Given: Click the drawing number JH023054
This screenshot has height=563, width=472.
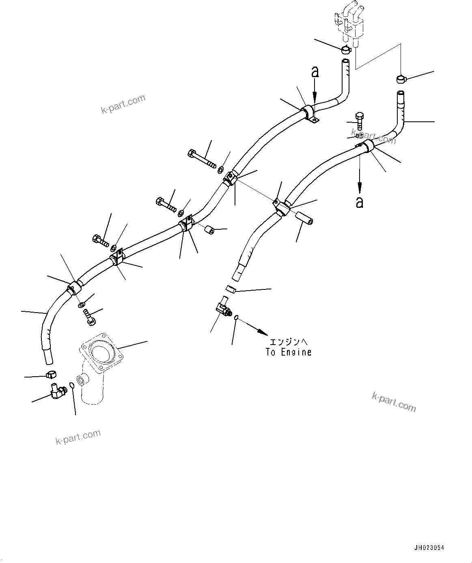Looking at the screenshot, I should click(x=429, y=548).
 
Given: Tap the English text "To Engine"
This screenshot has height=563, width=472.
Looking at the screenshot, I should click(x=289, y=352).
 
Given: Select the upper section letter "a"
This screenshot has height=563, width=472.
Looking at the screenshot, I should click(x=315, y=72).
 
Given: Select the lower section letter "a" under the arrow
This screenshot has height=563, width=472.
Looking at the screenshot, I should click(x=360, y=202).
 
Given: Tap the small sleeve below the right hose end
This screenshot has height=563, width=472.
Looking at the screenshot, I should click(x=230, y=289).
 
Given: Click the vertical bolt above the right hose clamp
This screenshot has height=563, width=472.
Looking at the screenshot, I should click(x=358, y=121).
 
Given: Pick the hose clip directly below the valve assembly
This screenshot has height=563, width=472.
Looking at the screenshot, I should click(x=346, y=50).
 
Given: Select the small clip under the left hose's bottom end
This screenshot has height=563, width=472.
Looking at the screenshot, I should click(x=51, y=374).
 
